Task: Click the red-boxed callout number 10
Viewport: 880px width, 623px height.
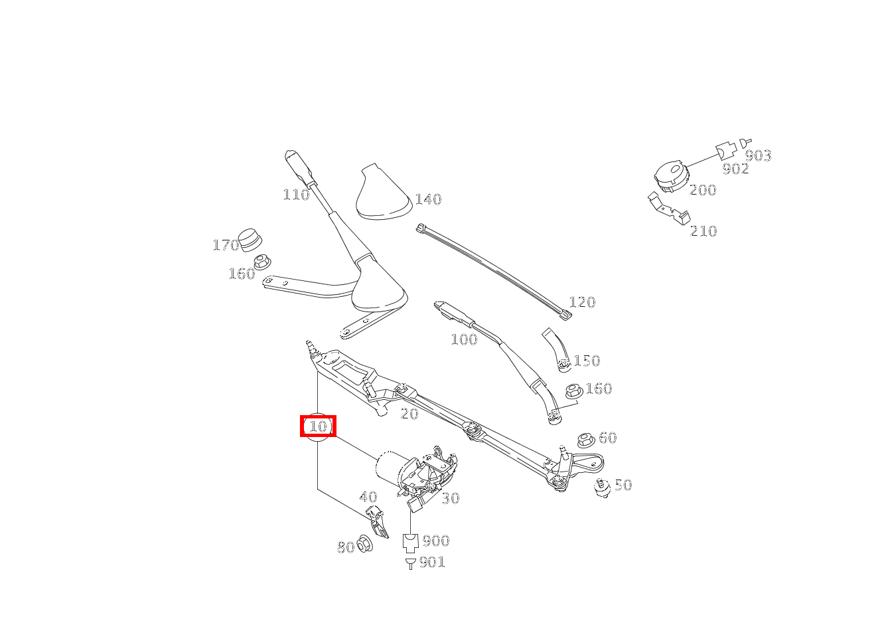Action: click(318, 426)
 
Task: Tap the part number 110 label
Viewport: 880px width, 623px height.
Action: click(296, 195)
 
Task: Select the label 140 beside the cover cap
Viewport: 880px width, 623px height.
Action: click(428, 199)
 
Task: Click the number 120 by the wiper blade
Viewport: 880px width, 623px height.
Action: click(582, 302)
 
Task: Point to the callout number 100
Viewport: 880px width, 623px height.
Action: click(464, 339)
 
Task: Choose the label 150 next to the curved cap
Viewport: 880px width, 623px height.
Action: click(587, 361)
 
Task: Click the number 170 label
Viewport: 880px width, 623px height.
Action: click(226, 245)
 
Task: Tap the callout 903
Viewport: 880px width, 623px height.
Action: click(758, 155)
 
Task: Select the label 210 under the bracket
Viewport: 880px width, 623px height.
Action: click(703, 231)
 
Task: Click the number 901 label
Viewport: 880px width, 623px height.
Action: click(433, 562)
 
